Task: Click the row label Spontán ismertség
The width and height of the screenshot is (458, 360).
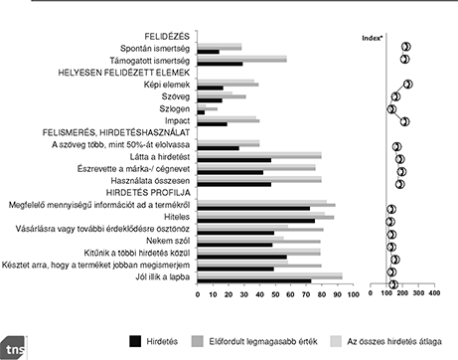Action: [x=156, y=48]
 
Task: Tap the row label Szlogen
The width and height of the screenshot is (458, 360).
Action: [x=176, y=109]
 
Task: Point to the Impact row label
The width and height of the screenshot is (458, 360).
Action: [x=178, y=121]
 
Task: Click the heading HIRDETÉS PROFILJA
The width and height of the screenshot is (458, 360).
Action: [x=150, y=193]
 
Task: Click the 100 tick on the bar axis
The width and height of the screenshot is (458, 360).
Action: [x=339, y=296]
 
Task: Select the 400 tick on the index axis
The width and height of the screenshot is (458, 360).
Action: [x=433, y=296]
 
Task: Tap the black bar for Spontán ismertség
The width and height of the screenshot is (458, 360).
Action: [x=209, y=52]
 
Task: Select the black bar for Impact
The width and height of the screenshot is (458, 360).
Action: [x=213, y=124]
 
